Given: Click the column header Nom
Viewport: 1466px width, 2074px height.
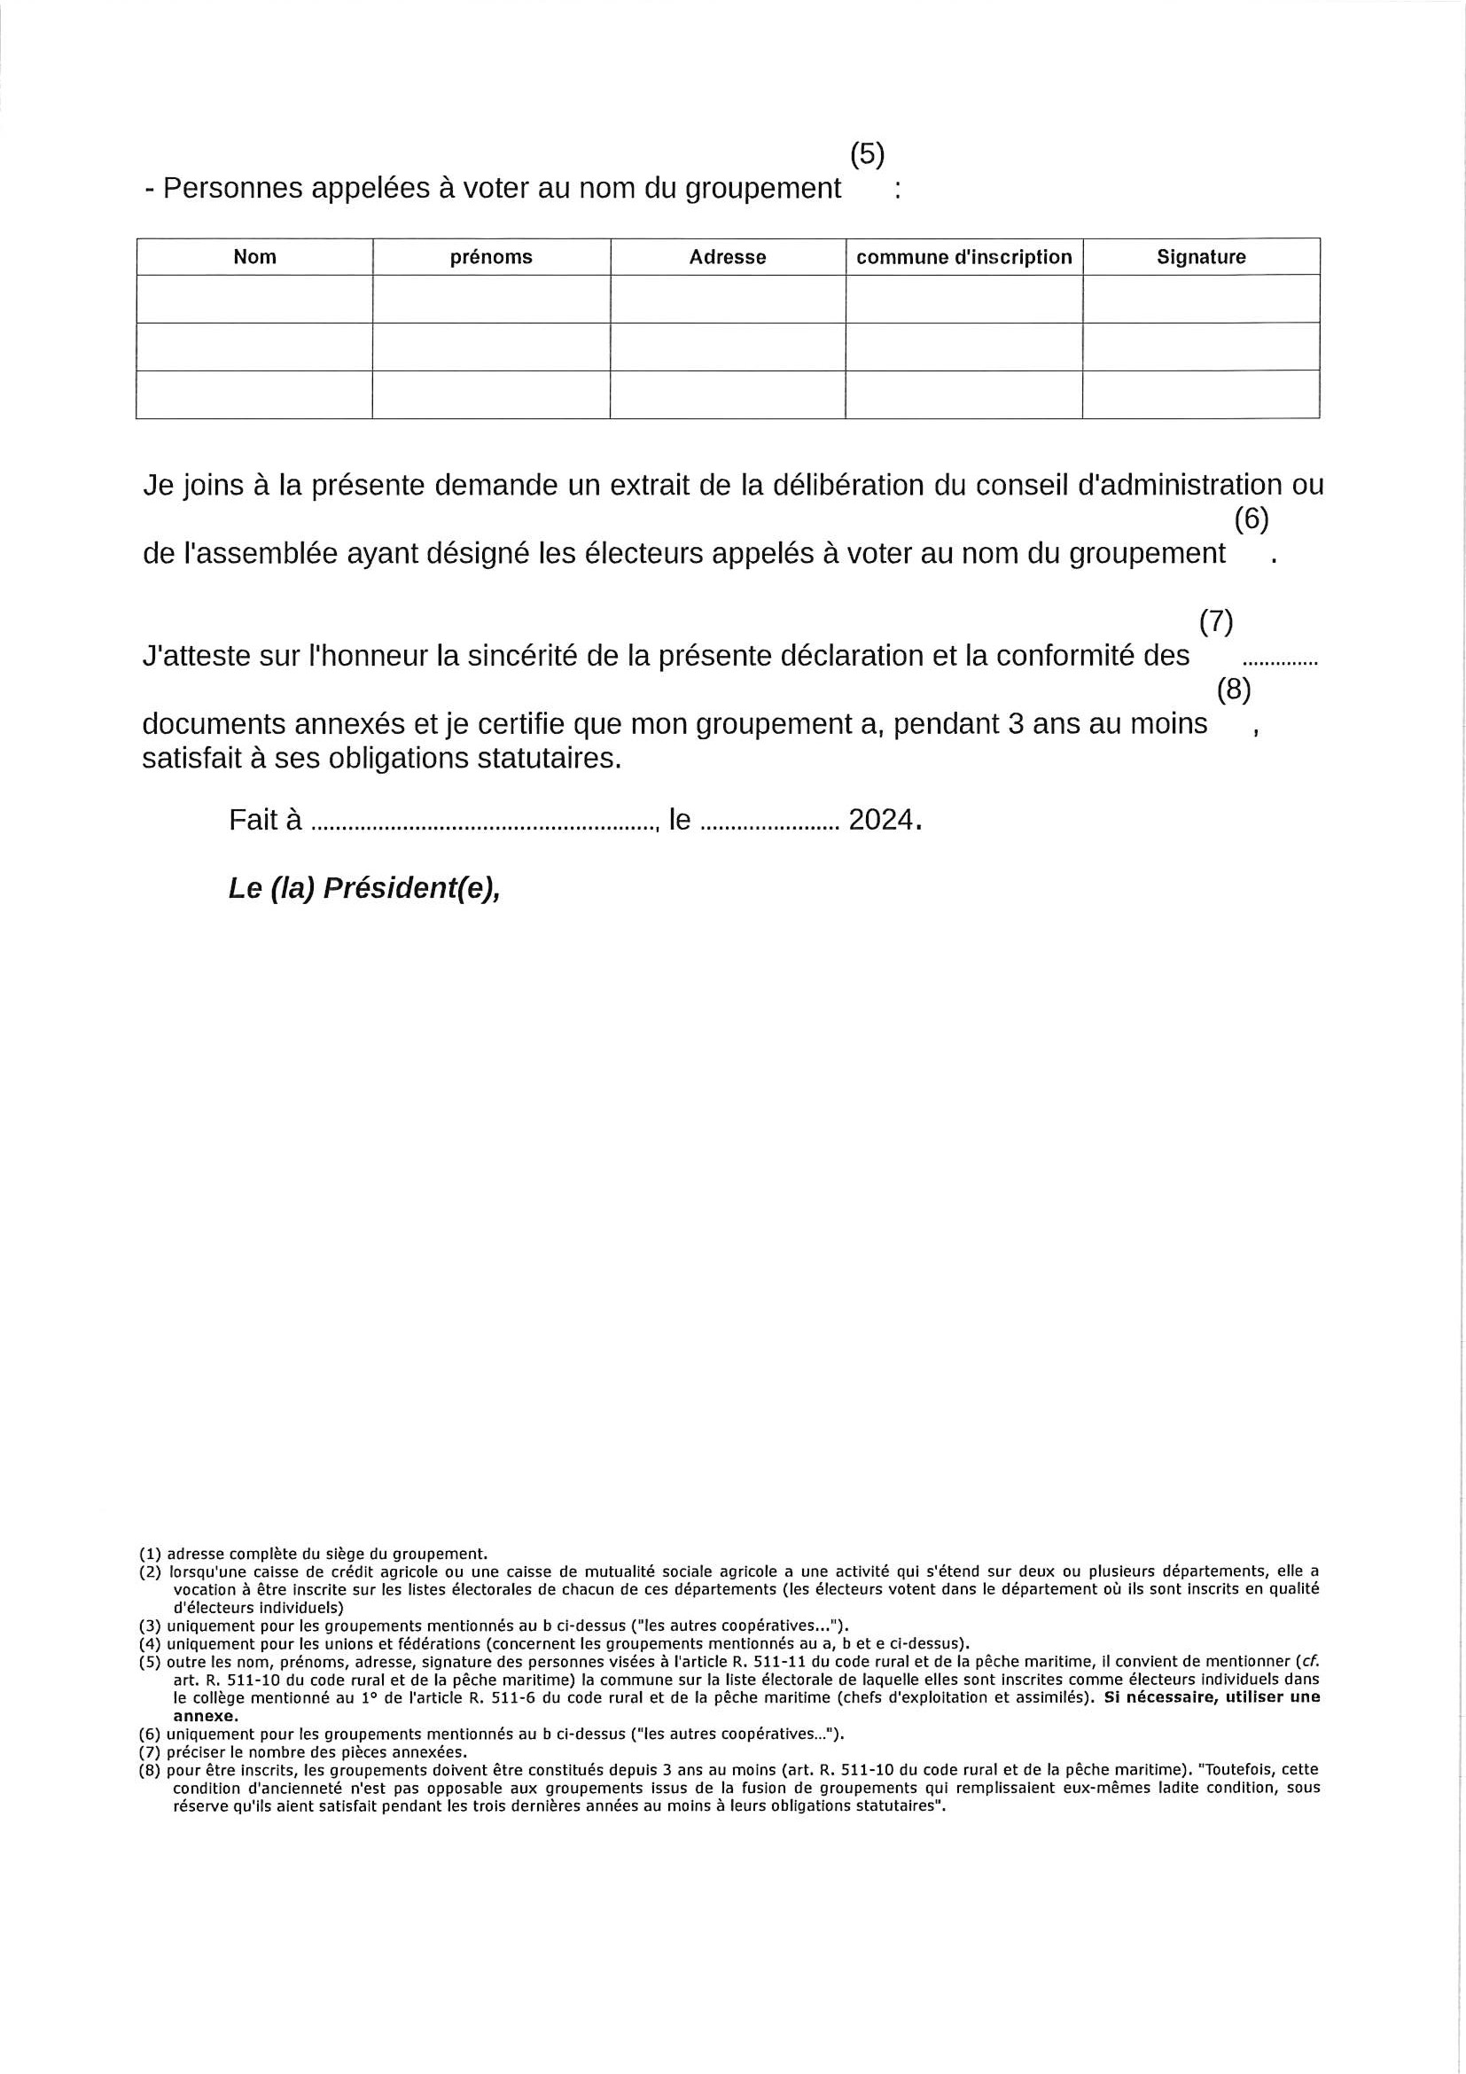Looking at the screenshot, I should [254, 256].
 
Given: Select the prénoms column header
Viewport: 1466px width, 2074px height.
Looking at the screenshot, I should [490, 256].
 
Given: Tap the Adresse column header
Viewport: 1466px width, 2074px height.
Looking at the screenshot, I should [727, 256].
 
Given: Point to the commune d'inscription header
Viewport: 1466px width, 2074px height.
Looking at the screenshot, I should [963, 256].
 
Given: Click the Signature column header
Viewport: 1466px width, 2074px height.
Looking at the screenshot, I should [1200, 256].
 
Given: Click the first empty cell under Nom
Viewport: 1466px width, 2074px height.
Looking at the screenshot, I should [254, 298].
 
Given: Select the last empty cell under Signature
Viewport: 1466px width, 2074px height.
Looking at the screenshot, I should [1200, 394].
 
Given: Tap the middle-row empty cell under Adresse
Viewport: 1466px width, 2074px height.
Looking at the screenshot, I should [727, 346].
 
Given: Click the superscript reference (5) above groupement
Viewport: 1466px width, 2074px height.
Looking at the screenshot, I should [867, 154].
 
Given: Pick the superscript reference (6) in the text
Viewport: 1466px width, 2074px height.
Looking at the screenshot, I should [1251, 519].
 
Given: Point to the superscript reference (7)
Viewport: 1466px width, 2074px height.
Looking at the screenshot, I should [1216, 621].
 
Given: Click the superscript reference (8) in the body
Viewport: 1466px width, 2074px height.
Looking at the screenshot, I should [1233, 690].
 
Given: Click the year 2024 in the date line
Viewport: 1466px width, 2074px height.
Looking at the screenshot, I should [881, 820].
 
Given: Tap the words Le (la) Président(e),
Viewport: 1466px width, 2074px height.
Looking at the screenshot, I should [365, 889].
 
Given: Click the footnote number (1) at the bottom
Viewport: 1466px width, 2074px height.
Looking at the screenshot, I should [150, 1554].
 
